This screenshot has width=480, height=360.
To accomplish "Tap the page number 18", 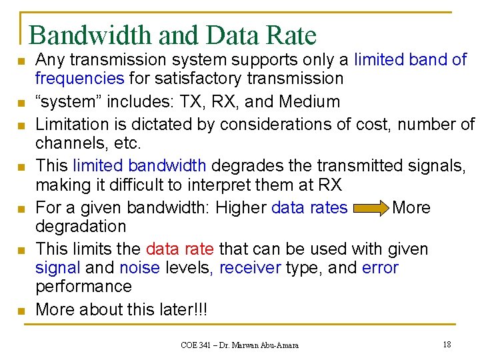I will pyautogui.click(x=447, y=345).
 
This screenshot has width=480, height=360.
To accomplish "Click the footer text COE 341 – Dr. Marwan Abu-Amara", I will pyautogui.click(x=239, y=345).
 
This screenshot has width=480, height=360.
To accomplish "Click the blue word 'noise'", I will pyautogui.click(x=139, y=268).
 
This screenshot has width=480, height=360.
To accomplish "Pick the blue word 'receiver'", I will pyautogui.click(x=251, y=268).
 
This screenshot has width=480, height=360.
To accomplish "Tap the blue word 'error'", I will pyautogui.click(x=380, y=268).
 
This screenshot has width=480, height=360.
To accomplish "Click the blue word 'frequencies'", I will pyautogui.click(x=79, y=79).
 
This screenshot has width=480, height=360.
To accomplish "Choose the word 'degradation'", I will pyautogui.click(x=80, y=227).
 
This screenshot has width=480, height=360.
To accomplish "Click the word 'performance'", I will pyautogui.click(x=83, y=287).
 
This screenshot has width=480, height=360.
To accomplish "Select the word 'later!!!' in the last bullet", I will pyautogui.click(x=184, y=309).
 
